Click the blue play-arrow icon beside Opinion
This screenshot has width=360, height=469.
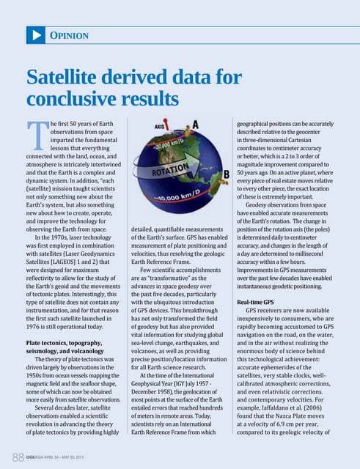click(35, 34)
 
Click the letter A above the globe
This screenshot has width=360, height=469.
click(196, 122)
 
